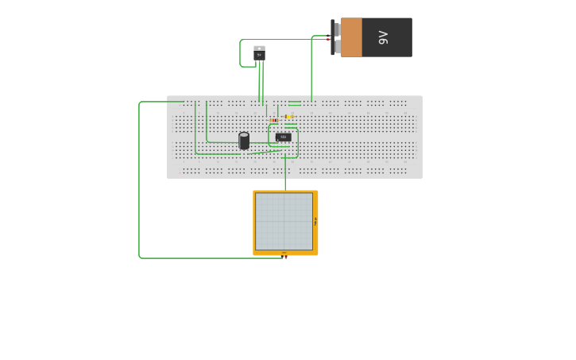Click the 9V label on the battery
383,37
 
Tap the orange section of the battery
351,37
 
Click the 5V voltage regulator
259,56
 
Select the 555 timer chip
283,137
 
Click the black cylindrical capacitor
244,141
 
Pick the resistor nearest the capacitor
274,120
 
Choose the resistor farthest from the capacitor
288,117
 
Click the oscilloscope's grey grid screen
284,221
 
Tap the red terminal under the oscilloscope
285,257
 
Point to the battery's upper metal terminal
337,29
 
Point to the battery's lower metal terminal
337,47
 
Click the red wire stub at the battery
327,39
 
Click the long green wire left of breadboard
139,183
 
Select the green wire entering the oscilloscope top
285,179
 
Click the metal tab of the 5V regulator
259,48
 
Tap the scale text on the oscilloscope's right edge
315,222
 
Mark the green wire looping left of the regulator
240,53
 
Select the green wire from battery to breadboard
311,72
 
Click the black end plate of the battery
332,37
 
